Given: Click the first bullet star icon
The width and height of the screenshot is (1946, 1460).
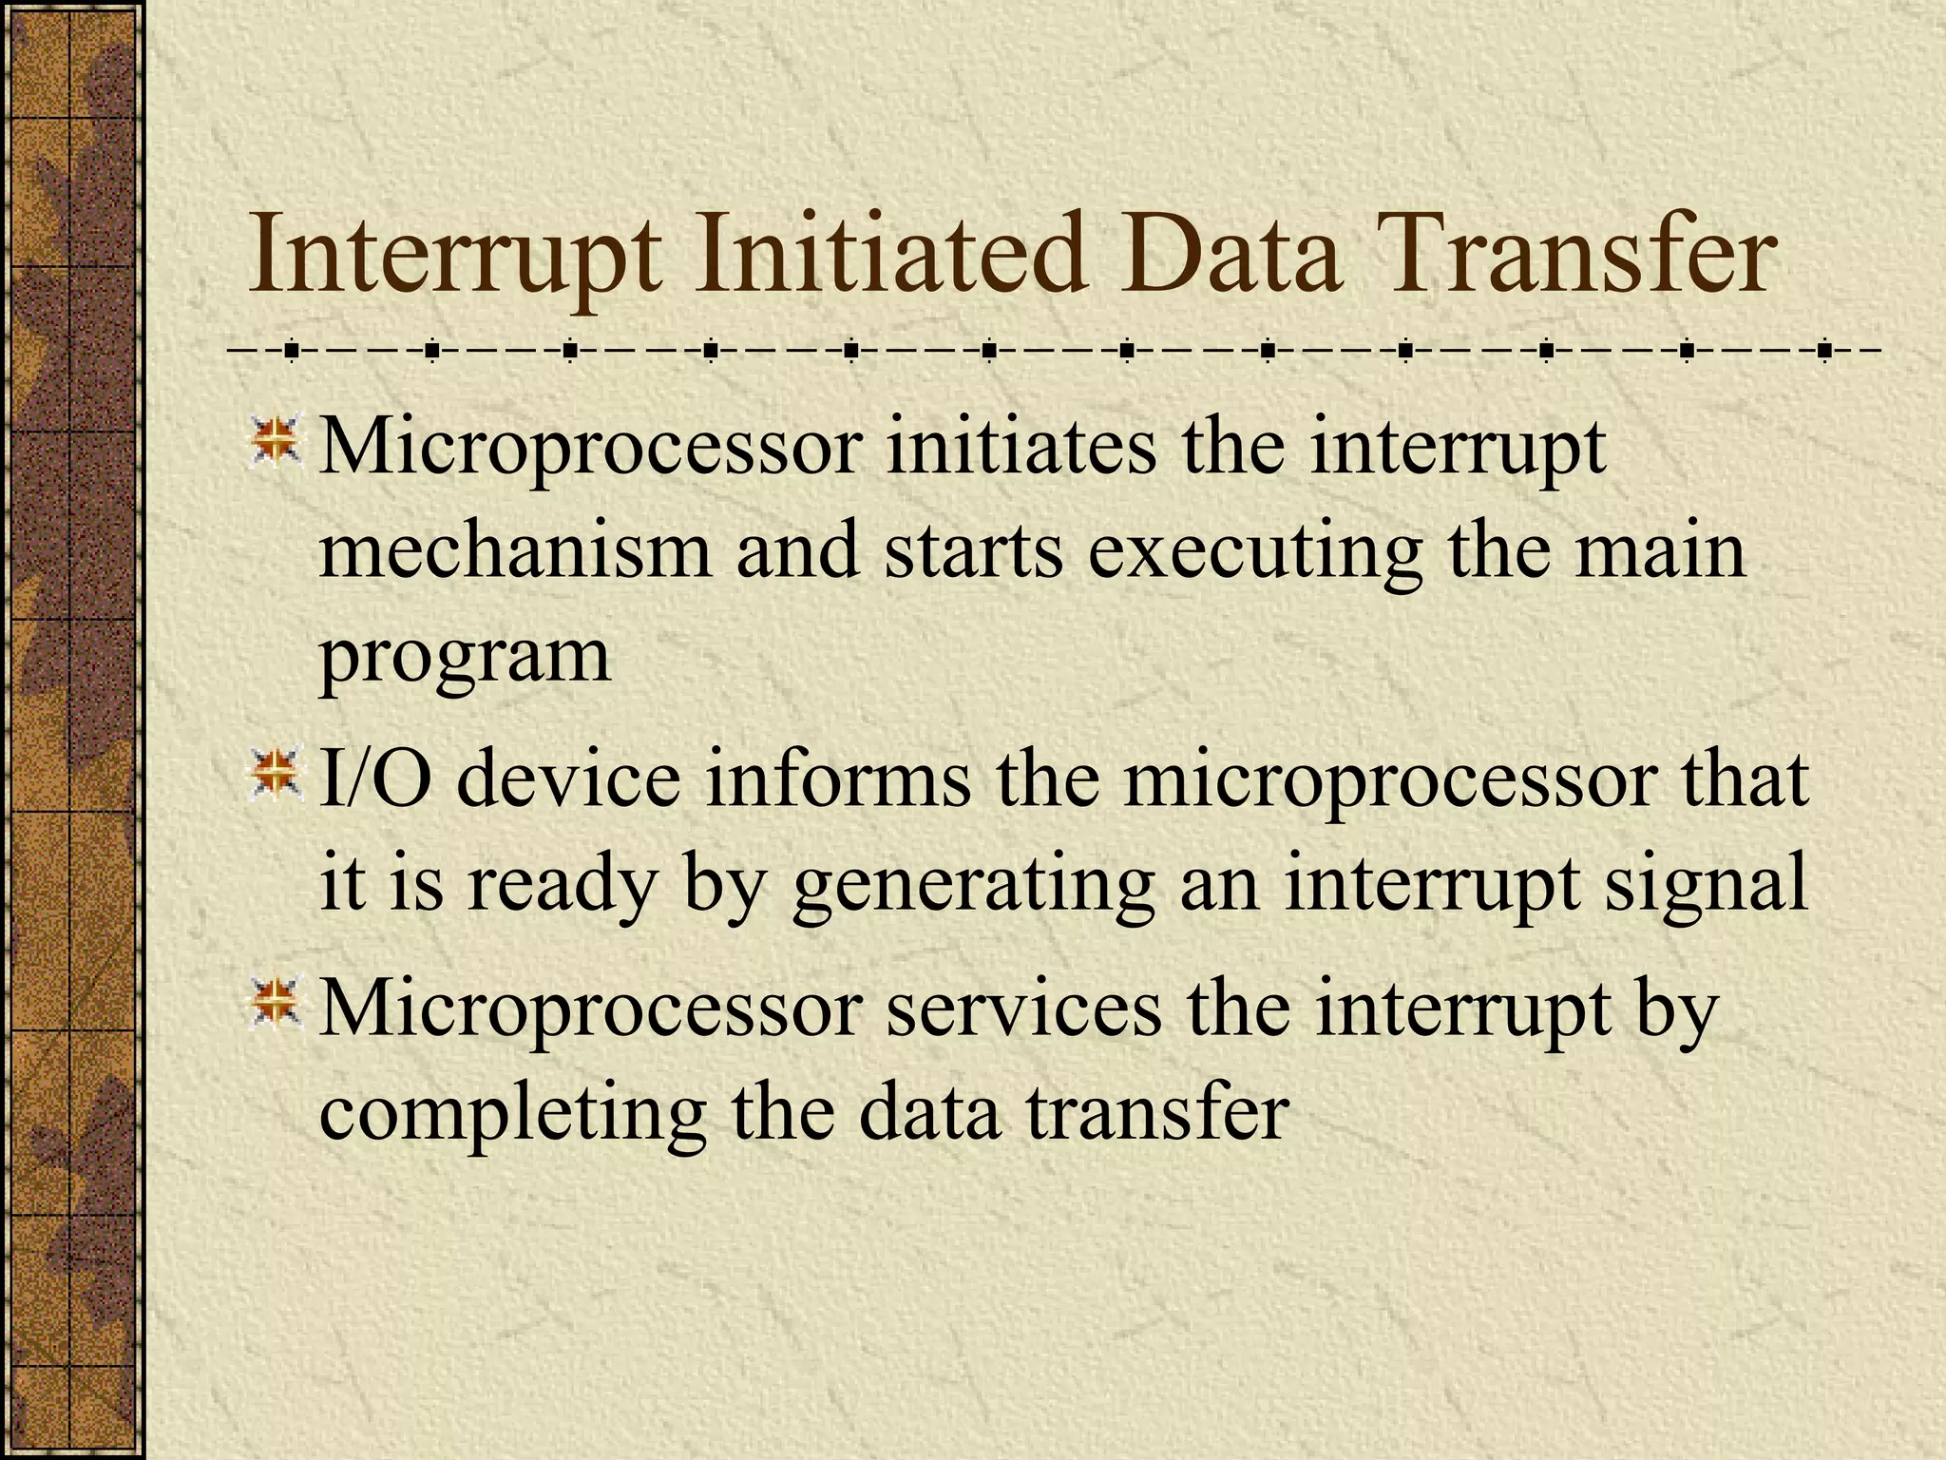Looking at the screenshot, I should pos(276,440).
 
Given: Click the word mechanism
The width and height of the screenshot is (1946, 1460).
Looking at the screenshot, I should pos(515,551).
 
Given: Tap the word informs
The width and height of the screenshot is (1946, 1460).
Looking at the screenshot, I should pos(837,779).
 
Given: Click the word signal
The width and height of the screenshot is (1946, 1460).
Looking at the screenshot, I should pos(1706,884).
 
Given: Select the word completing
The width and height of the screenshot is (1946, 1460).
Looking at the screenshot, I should pos(512,1114).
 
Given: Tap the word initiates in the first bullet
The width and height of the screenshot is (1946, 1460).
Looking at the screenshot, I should pos(1021,447).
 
